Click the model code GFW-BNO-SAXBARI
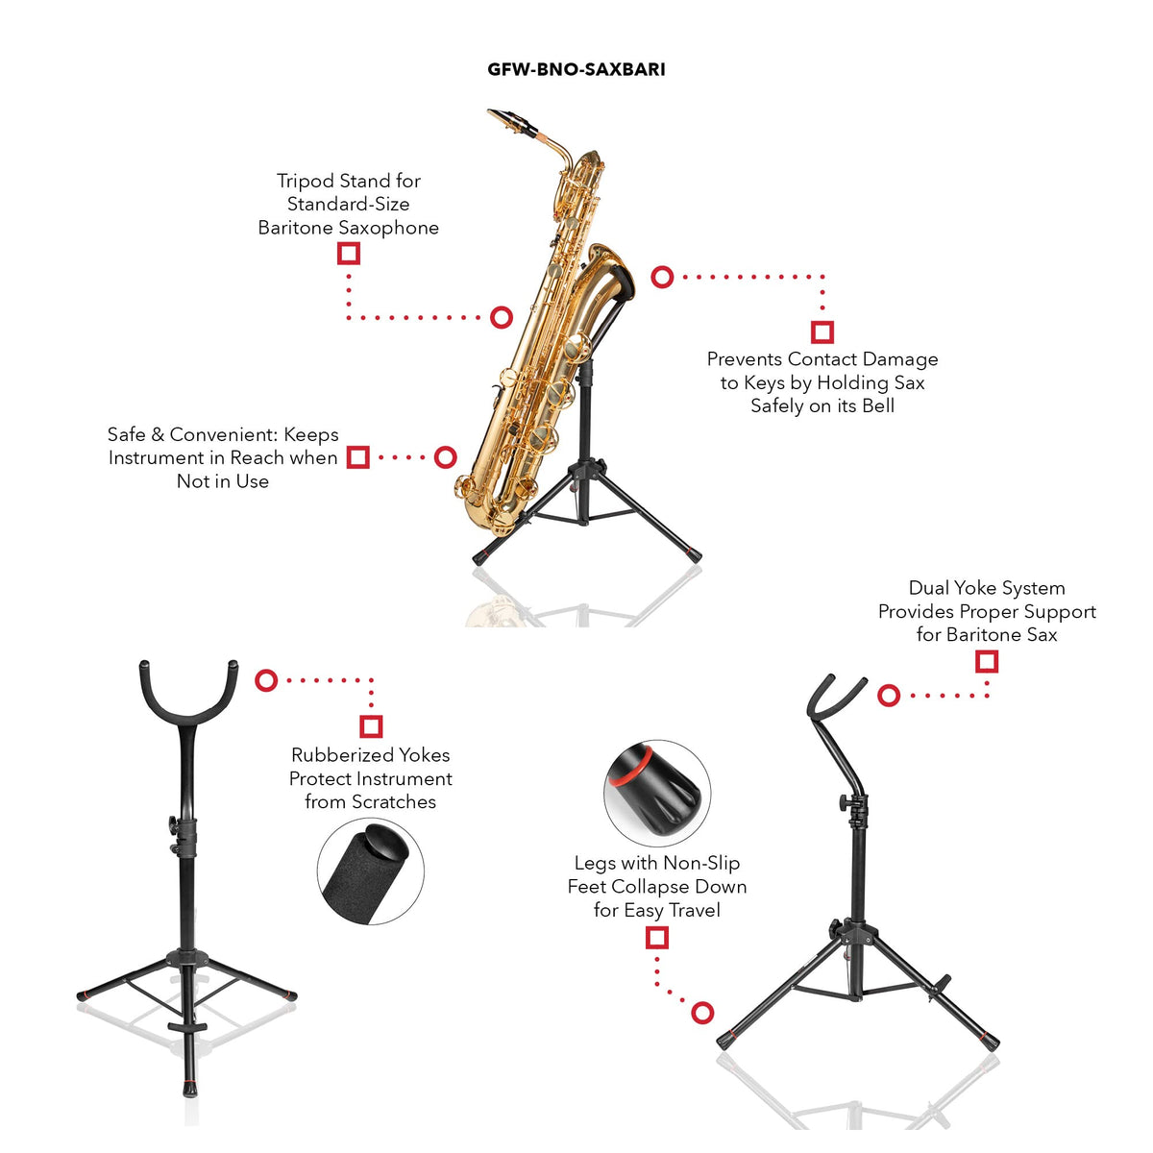[x=576, y=69]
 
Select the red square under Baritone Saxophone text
[x=348, y=253]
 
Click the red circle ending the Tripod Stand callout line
[x=502, y=317]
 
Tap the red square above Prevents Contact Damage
[x=822, y=331]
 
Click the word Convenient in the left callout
[x=224, y=434]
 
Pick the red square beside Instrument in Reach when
[x=357, y=457]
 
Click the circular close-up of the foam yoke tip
[x=370, y=871]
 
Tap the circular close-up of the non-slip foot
[x=657, y=786]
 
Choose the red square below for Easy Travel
[x=656, y=938]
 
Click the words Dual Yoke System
[x=987, y=588]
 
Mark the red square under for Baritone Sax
[x=987, y=662]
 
